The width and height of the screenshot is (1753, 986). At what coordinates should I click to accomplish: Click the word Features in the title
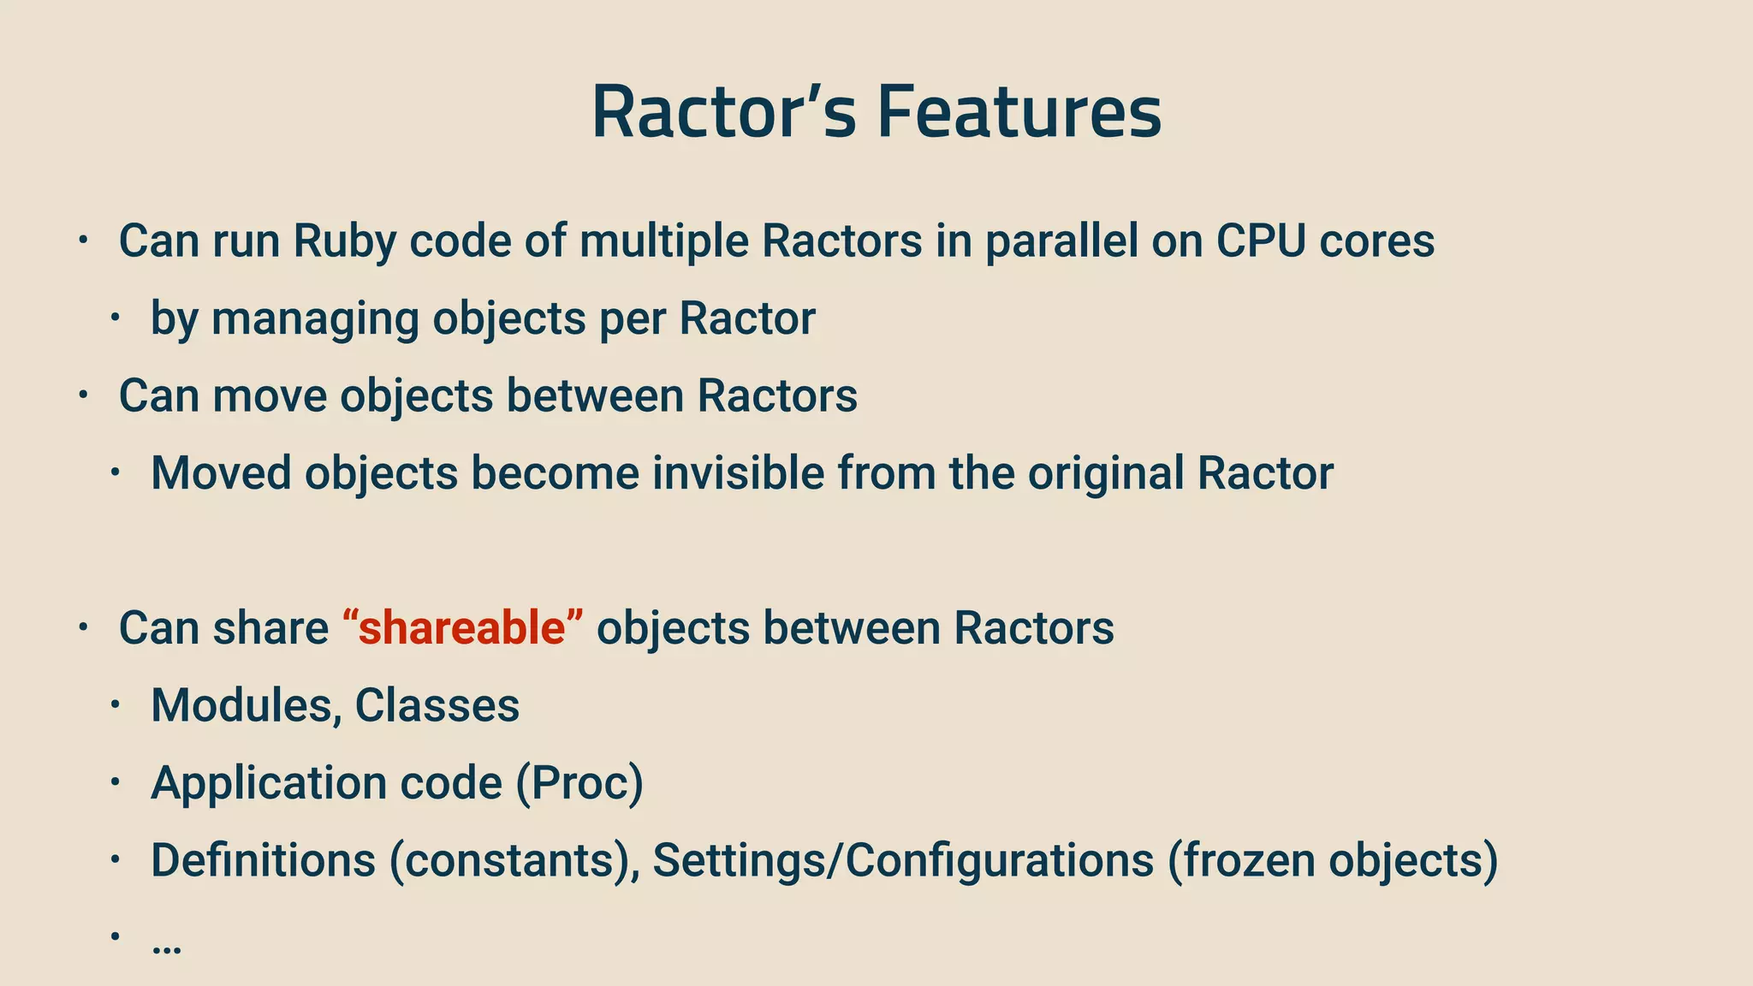click(1019, 113)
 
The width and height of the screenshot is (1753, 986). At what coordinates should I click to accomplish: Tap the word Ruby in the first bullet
click(344, 241)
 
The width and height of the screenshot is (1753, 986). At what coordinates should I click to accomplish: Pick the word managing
click(315, 319)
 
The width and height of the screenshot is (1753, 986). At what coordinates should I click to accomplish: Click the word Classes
click(437, 705)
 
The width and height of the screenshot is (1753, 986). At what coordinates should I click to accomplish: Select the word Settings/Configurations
click(903, 860)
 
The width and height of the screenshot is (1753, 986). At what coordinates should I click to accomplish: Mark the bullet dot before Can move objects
click(82, 395)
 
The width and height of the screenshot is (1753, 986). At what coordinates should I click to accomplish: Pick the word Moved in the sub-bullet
click(221, 472)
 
